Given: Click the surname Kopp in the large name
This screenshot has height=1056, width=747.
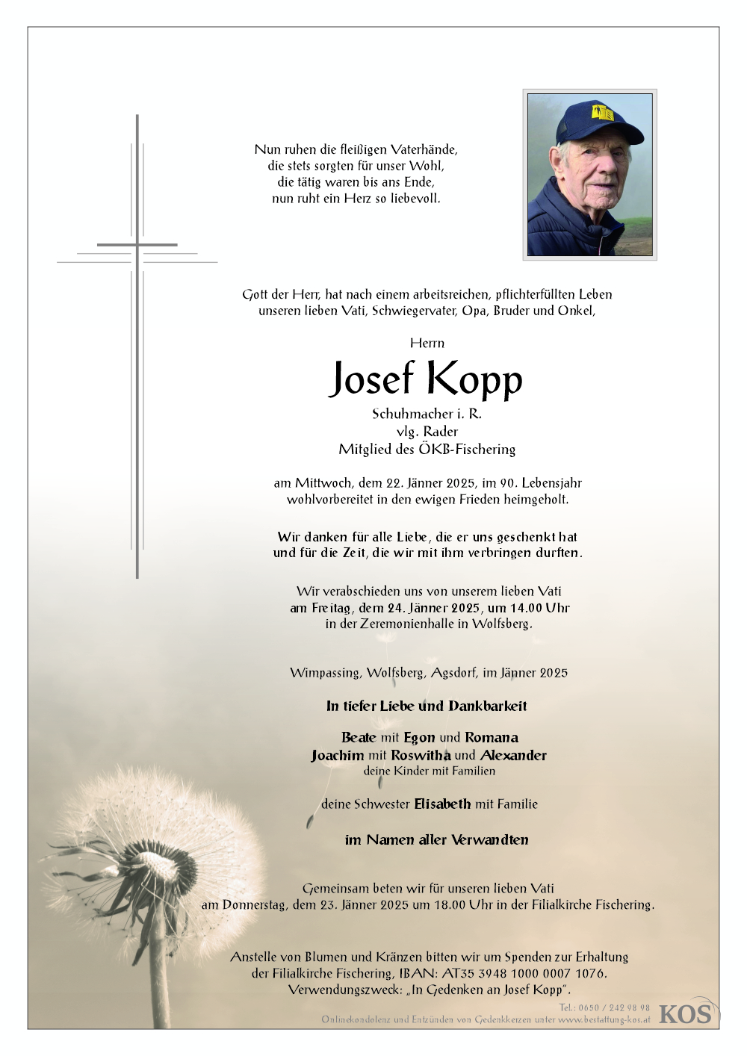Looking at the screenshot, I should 475,380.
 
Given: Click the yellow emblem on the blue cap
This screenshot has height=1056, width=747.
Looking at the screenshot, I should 602,113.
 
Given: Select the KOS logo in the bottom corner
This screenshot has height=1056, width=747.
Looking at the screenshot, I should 686,1013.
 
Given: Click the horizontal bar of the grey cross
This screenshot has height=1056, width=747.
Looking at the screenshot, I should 137,244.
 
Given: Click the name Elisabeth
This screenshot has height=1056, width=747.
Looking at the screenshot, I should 442,804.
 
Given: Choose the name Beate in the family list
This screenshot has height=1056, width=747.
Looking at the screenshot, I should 359,738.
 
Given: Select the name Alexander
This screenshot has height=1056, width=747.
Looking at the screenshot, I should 513,755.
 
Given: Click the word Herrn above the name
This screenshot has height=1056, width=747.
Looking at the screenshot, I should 427,343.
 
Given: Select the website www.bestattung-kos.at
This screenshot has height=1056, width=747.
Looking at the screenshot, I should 604,1019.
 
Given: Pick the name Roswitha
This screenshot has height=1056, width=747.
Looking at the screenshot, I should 421,755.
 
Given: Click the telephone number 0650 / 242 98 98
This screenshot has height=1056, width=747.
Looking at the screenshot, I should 614,1007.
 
